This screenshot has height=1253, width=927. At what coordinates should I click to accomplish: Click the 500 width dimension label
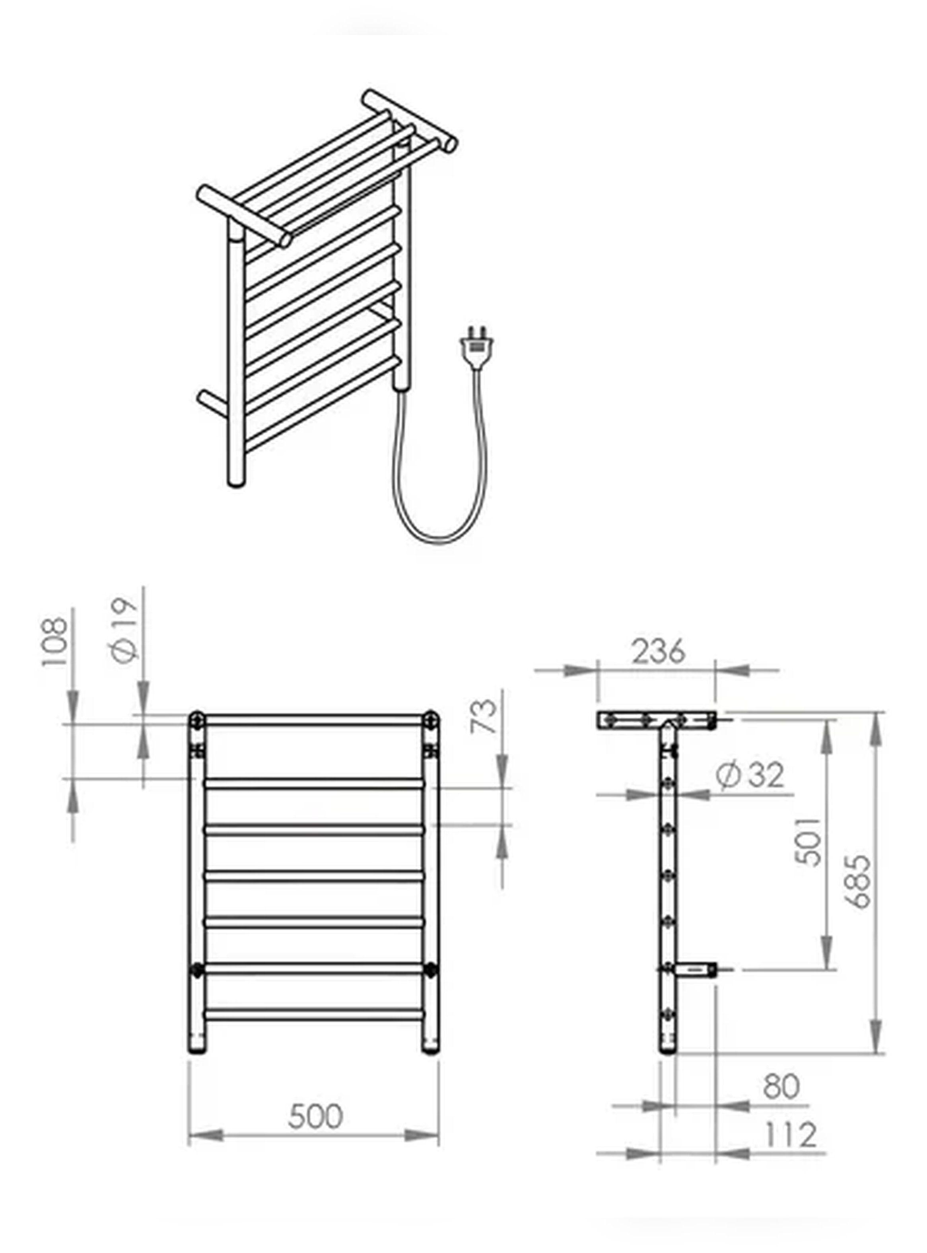click(x=315, y=1116)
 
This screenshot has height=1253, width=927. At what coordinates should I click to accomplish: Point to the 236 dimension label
click(x=658, y=652)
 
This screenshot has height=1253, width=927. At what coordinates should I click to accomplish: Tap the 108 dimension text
click(x=54, y=642)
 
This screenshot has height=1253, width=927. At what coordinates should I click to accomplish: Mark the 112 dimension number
click(x=791, y=1134)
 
